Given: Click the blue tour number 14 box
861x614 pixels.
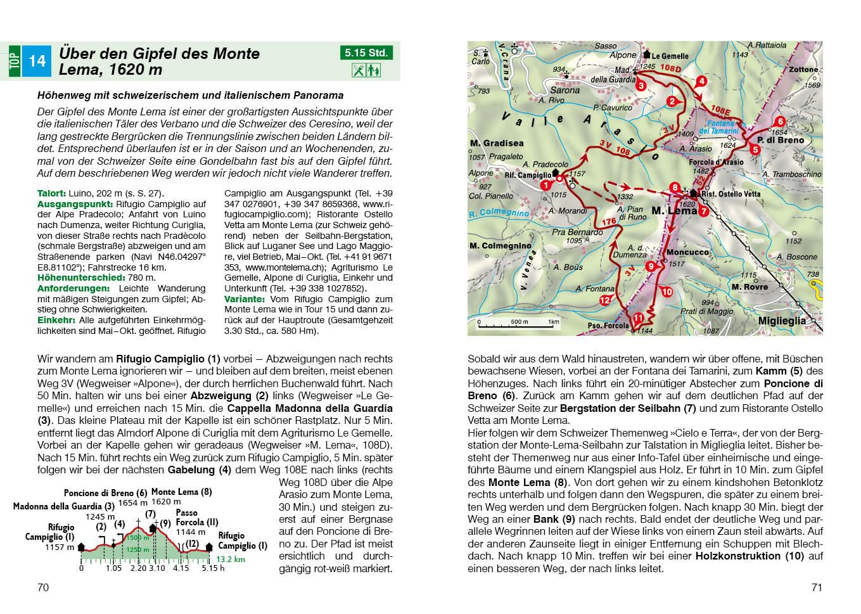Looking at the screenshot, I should coord(37,61).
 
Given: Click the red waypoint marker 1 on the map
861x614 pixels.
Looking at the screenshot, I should coord(545,185).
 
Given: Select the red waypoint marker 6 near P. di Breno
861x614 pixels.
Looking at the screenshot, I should coord(781,121).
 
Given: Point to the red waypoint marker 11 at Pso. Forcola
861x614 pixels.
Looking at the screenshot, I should coord(639,317).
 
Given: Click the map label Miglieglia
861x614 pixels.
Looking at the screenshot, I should coord(782,321).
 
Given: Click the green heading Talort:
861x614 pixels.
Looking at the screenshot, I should coord(51,193).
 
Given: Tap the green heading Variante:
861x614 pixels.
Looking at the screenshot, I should coord(244,299).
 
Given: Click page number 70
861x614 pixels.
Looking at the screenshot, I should coord(43,587).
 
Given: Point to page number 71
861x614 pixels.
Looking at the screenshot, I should coord(817,587).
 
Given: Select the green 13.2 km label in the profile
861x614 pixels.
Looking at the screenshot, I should coord(231,560).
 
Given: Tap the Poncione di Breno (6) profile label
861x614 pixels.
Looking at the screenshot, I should coord(105,493).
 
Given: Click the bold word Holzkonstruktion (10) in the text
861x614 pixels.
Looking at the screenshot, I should coord(749,556).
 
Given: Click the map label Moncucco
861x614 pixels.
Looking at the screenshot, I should coord(687,252).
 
